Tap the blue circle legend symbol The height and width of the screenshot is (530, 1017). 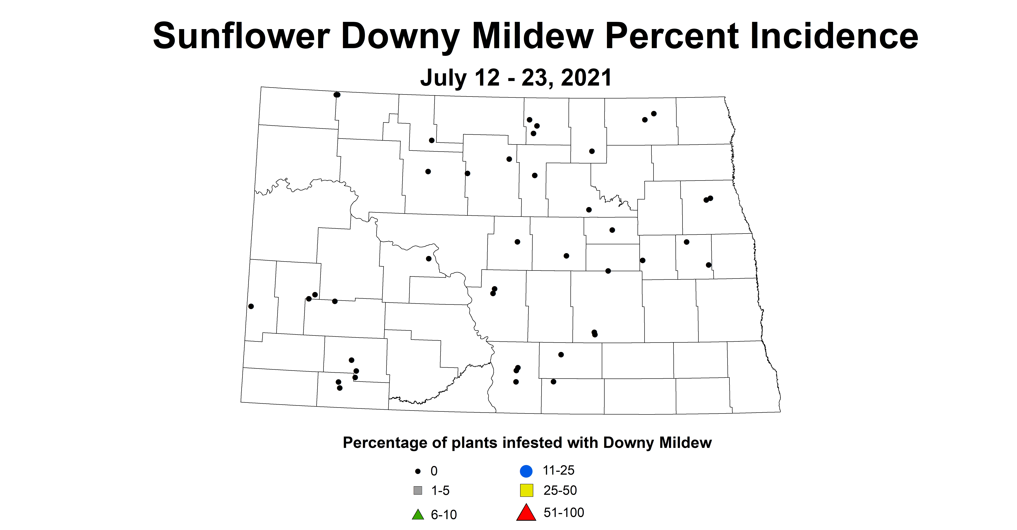526,471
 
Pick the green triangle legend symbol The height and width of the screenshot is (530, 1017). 418,515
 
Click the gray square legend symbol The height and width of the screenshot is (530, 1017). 418,491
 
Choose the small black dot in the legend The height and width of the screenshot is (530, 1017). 418,471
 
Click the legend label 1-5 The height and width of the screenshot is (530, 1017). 440,491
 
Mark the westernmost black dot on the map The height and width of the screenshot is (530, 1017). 251,306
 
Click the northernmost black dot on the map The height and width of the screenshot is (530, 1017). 337,95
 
